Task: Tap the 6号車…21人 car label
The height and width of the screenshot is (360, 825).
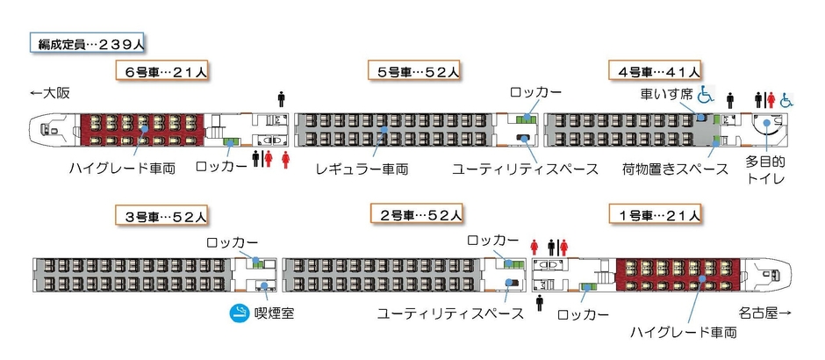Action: tap(165, 71)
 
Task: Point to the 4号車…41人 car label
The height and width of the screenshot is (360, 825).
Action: tap(655, 71)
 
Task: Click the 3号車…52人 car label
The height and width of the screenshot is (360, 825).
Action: tap(164, 214)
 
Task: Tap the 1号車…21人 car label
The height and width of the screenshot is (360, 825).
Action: tap(655, 214)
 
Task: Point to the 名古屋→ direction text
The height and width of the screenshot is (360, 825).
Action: tap(764, 313)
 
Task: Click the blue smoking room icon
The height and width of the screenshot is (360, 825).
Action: tap(238, 313)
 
